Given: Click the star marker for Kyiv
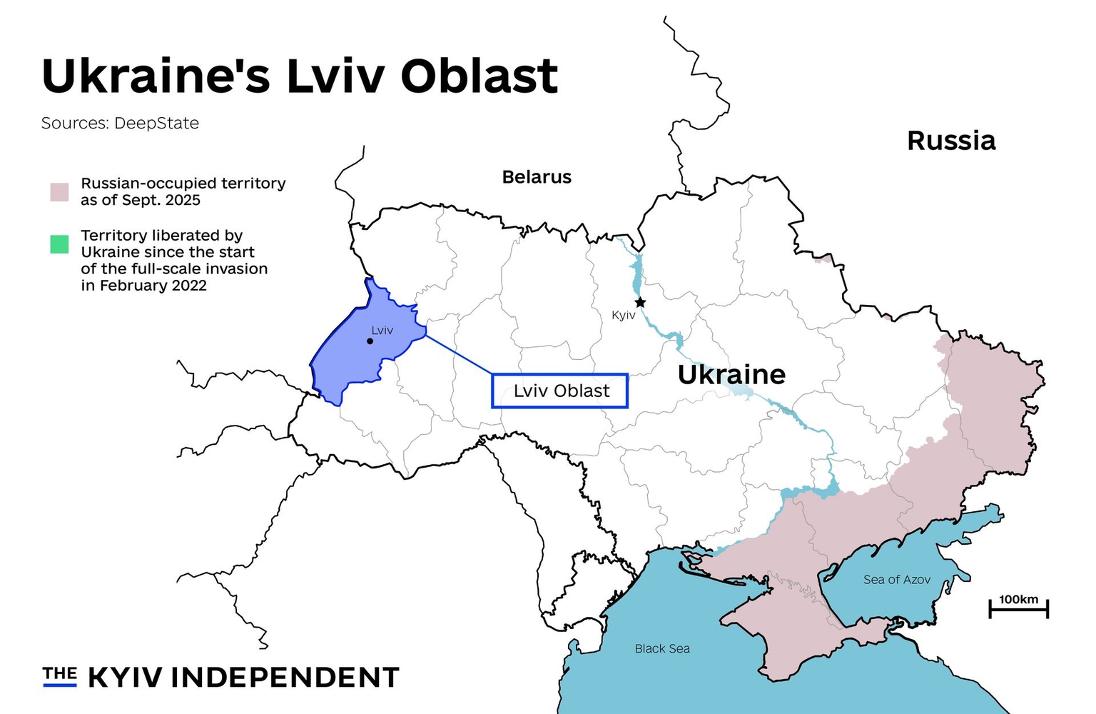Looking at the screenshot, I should coord(640,303).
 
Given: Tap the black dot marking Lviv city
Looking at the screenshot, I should coord(370,341).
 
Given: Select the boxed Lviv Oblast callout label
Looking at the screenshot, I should coord(560,391).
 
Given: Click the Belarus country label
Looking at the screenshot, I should coord(537,177).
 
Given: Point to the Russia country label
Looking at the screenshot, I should coord(950,141).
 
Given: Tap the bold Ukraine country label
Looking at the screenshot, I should coord(731,374).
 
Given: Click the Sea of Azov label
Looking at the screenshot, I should coord(896,580).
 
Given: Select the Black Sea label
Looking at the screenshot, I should coord(662,648).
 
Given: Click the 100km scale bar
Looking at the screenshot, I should coord(1018,608).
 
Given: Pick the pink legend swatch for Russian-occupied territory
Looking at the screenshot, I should coord(59,192).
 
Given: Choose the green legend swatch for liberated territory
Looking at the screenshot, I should coord(59,244).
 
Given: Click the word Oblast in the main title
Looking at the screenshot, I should coord(479,76).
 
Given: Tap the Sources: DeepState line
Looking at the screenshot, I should coord(120,124).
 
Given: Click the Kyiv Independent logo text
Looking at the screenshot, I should coord(243,678).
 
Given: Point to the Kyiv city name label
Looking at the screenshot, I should coord(623,316).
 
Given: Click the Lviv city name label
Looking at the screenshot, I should coord(382,331).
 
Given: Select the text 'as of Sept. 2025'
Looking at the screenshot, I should coord(141,201).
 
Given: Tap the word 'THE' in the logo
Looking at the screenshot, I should coord(59,673).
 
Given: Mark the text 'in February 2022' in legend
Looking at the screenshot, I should coord(143,286).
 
